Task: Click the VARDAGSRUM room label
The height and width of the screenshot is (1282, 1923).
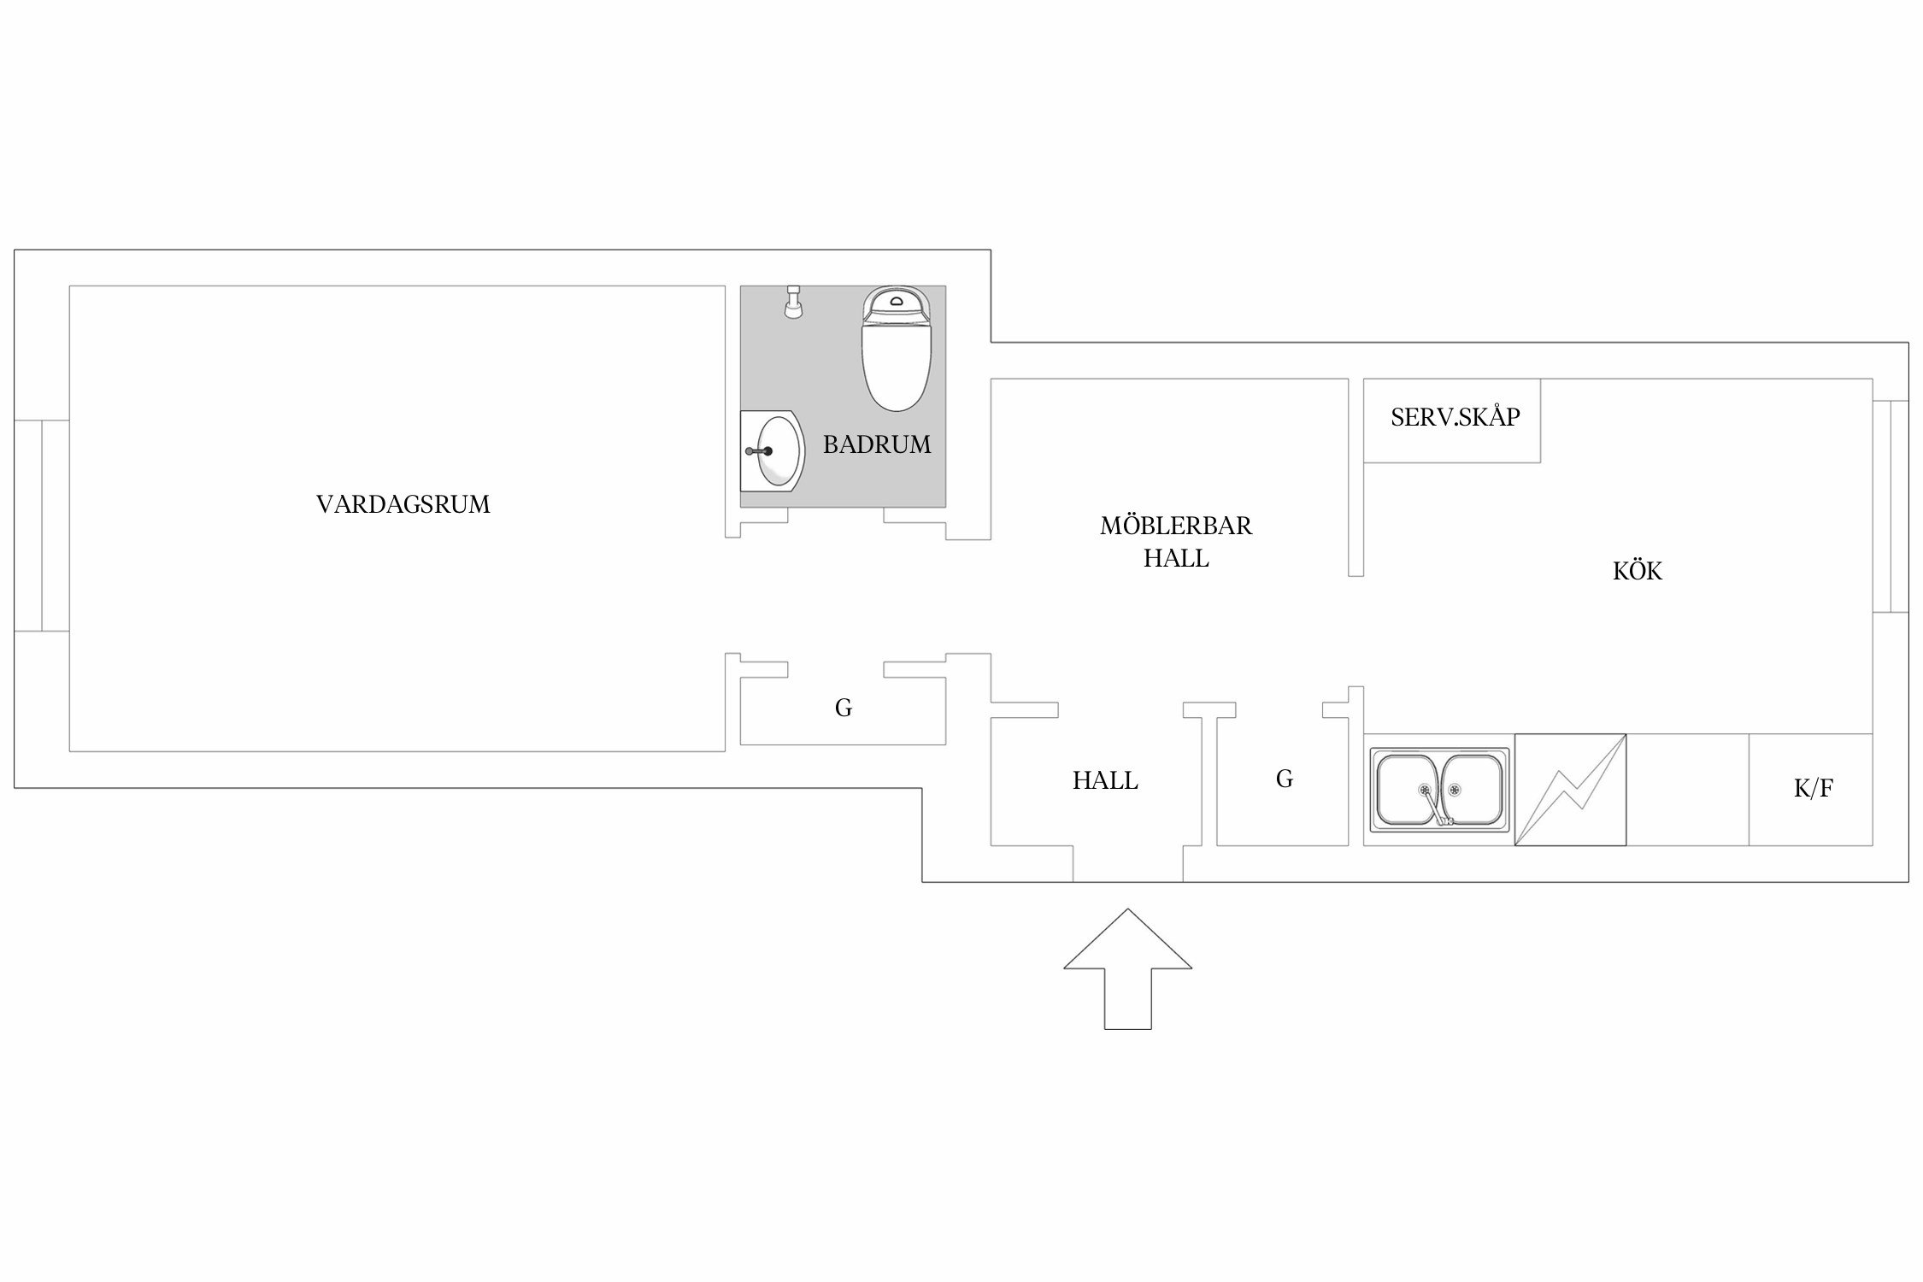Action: coord(403,504)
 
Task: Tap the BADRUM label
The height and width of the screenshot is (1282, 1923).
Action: coord(877,444)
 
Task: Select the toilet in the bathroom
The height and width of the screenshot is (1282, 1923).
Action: coord(896,349)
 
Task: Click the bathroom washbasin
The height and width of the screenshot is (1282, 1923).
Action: coord(772,450)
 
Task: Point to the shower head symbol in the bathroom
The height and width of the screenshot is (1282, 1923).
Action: coord(794,303)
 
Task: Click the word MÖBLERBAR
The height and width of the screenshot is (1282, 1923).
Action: coord(1176,526)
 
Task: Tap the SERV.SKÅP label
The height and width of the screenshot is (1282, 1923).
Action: coord(1455,417)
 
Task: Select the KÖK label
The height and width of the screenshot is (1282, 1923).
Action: coord(1638,571)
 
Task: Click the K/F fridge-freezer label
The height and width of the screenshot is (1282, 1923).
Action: coord(1813,789)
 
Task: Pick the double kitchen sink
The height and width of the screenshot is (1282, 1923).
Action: coord(1439,790)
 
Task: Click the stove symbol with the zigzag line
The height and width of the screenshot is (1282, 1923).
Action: coord(1570,790)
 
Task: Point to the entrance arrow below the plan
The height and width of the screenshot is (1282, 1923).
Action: coord(1127,968)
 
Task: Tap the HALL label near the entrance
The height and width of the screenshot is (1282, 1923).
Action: coord(1105,781)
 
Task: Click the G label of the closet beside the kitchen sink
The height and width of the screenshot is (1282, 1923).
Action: coord(1284,779)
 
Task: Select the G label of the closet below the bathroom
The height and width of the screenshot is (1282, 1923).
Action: coord(844,708)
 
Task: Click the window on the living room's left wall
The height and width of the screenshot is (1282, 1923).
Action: coord(42,526)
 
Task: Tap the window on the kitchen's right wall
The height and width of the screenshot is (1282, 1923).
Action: coord(1891,506)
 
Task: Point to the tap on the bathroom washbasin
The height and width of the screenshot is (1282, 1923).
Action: coord(759,450)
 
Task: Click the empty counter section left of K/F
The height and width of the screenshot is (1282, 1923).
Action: coord(1687,790)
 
